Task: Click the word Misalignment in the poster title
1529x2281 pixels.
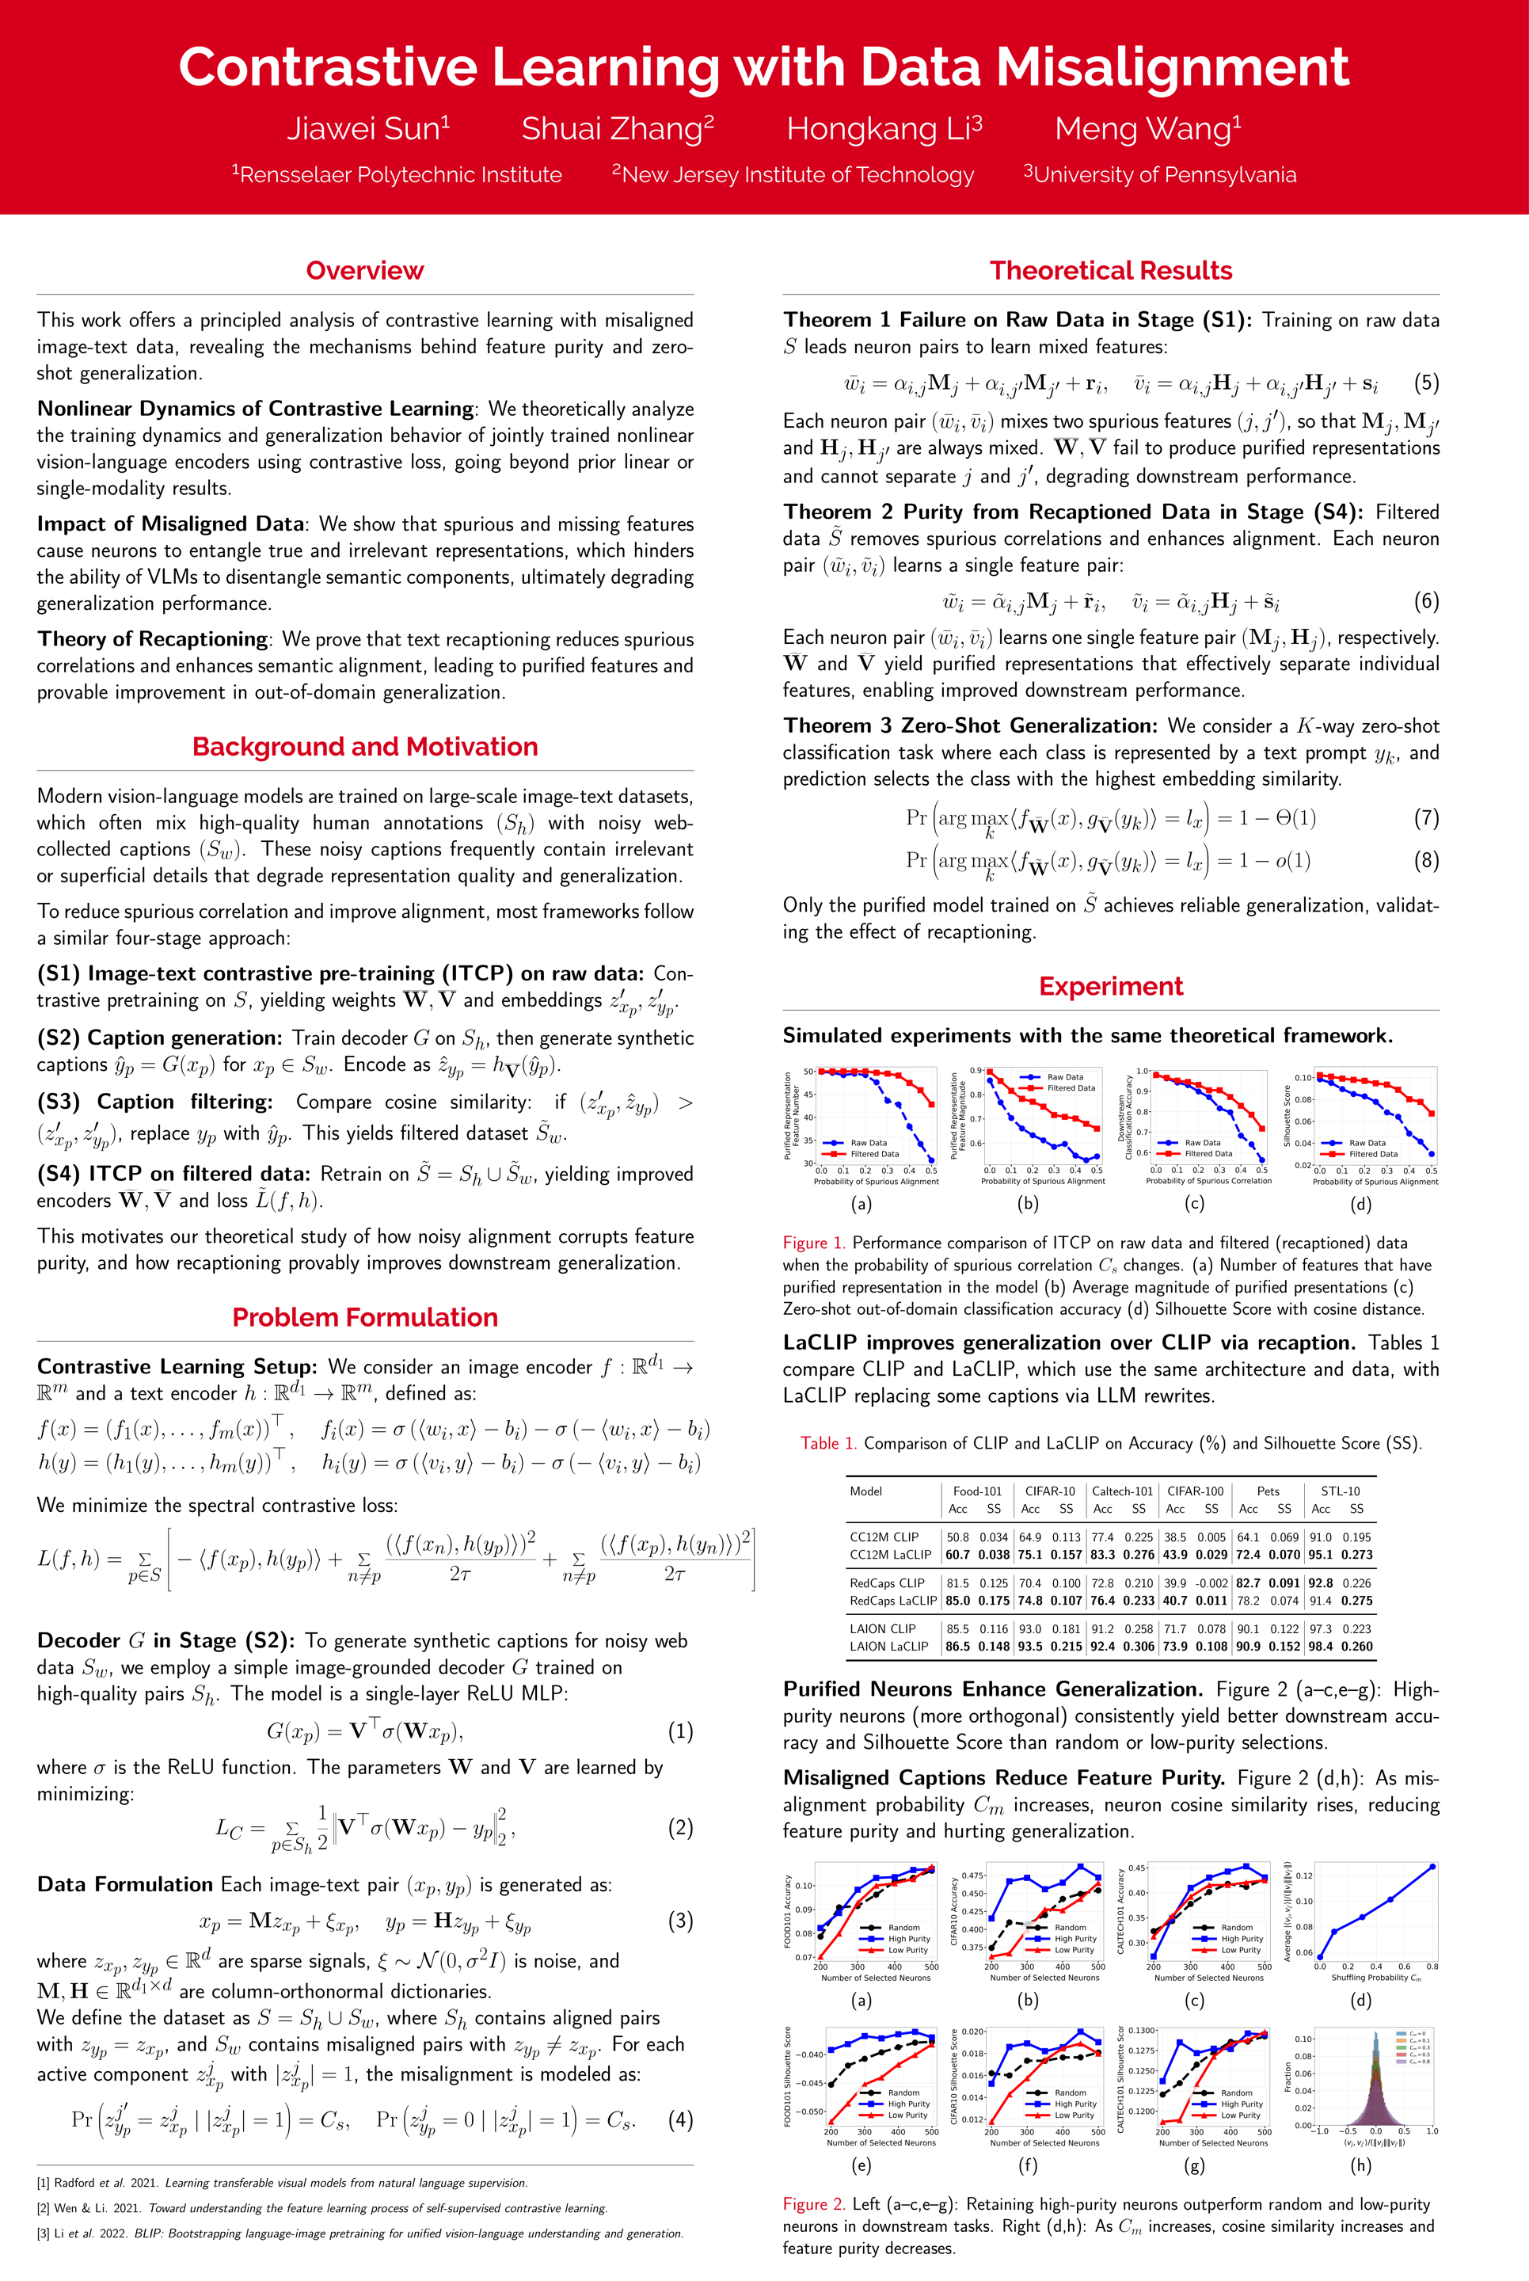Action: pyautogui.click(x=1172, y=67)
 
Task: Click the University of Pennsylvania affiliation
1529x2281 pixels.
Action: pyautogui.click(x=1159, y=174)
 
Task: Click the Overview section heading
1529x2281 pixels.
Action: pyautogui.click(x=365, y=270)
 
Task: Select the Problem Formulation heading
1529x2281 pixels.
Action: pyautogui.click(x=365, y=1316)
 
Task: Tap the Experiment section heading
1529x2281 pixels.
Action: pyautogui.click(x=1111, y=986)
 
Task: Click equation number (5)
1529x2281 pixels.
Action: pyautogui.click(x=1425, y=383)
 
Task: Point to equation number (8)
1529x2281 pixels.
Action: pyautogui.click(x=1425, y=859)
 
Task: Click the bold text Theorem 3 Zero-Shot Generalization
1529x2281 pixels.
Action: pyautogui.click(x=969, y=725)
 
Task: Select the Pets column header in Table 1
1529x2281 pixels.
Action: pyautogui.click(x=1268, y=1491)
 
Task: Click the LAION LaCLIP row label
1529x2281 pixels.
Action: pyautogui.click(x=888, y=1646)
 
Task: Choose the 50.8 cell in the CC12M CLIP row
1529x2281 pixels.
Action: pyautogui.click(x=957, y=1537)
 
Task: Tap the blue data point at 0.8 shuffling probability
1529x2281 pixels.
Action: pyautogui.click(x=1432, y=1867)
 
